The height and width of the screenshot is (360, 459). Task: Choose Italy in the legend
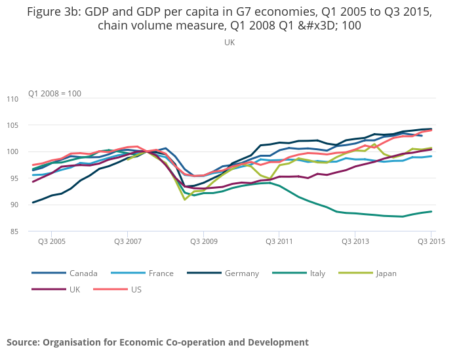pos(317,273)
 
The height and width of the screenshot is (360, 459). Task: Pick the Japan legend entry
pos(386,273)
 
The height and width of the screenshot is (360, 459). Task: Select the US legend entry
pos(136,289)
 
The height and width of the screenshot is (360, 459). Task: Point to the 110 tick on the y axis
pos(31,99)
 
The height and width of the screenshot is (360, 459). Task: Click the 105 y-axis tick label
pos(31,125)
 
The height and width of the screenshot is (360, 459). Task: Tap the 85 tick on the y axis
pos(32,231)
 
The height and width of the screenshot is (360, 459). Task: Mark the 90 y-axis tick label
pos(32,205)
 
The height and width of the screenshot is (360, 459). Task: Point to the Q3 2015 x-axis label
pos(431,242)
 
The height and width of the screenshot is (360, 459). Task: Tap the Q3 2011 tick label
pos(279,242)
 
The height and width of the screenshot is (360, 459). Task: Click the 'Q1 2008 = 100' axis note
pos(54,94)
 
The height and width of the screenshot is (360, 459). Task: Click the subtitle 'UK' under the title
pos(229,42)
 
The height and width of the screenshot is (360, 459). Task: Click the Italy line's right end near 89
pos(431,211)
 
